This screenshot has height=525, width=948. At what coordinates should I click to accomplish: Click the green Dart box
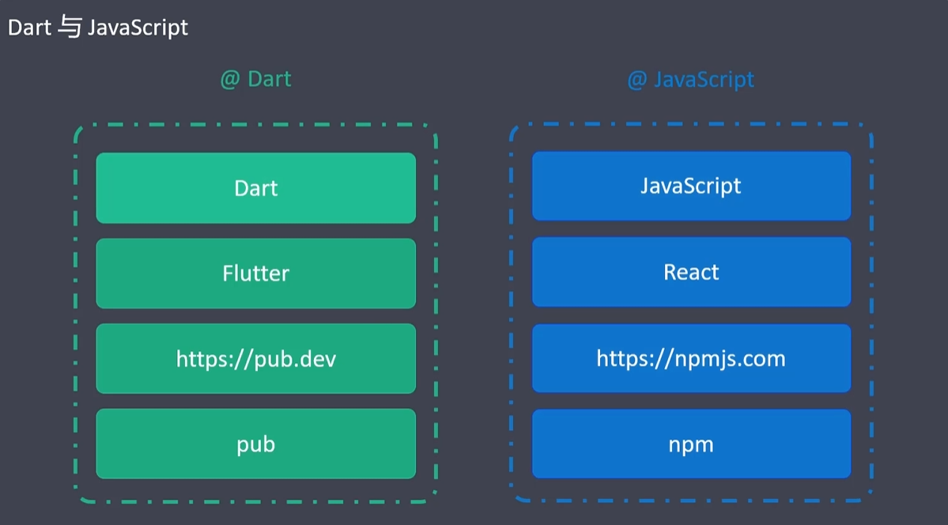255,188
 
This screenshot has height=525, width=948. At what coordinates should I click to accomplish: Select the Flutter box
255,274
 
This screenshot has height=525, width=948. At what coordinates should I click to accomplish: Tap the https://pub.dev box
255,359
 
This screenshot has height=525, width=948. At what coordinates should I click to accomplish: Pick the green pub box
255,444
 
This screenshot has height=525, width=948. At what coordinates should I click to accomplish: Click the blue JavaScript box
691,187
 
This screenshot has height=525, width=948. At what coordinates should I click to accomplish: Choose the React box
691,272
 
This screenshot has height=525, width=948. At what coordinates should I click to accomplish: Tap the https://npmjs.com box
691,358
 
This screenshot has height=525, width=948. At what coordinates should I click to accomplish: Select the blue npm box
691,444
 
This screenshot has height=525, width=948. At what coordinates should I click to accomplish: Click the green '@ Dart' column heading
255,80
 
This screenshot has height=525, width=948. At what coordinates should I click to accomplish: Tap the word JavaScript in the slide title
138,28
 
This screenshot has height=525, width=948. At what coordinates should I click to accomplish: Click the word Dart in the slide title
29,28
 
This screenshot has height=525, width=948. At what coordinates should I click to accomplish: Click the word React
691,272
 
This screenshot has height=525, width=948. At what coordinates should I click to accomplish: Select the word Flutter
255,274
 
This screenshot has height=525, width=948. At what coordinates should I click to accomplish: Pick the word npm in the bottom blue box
691,444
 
